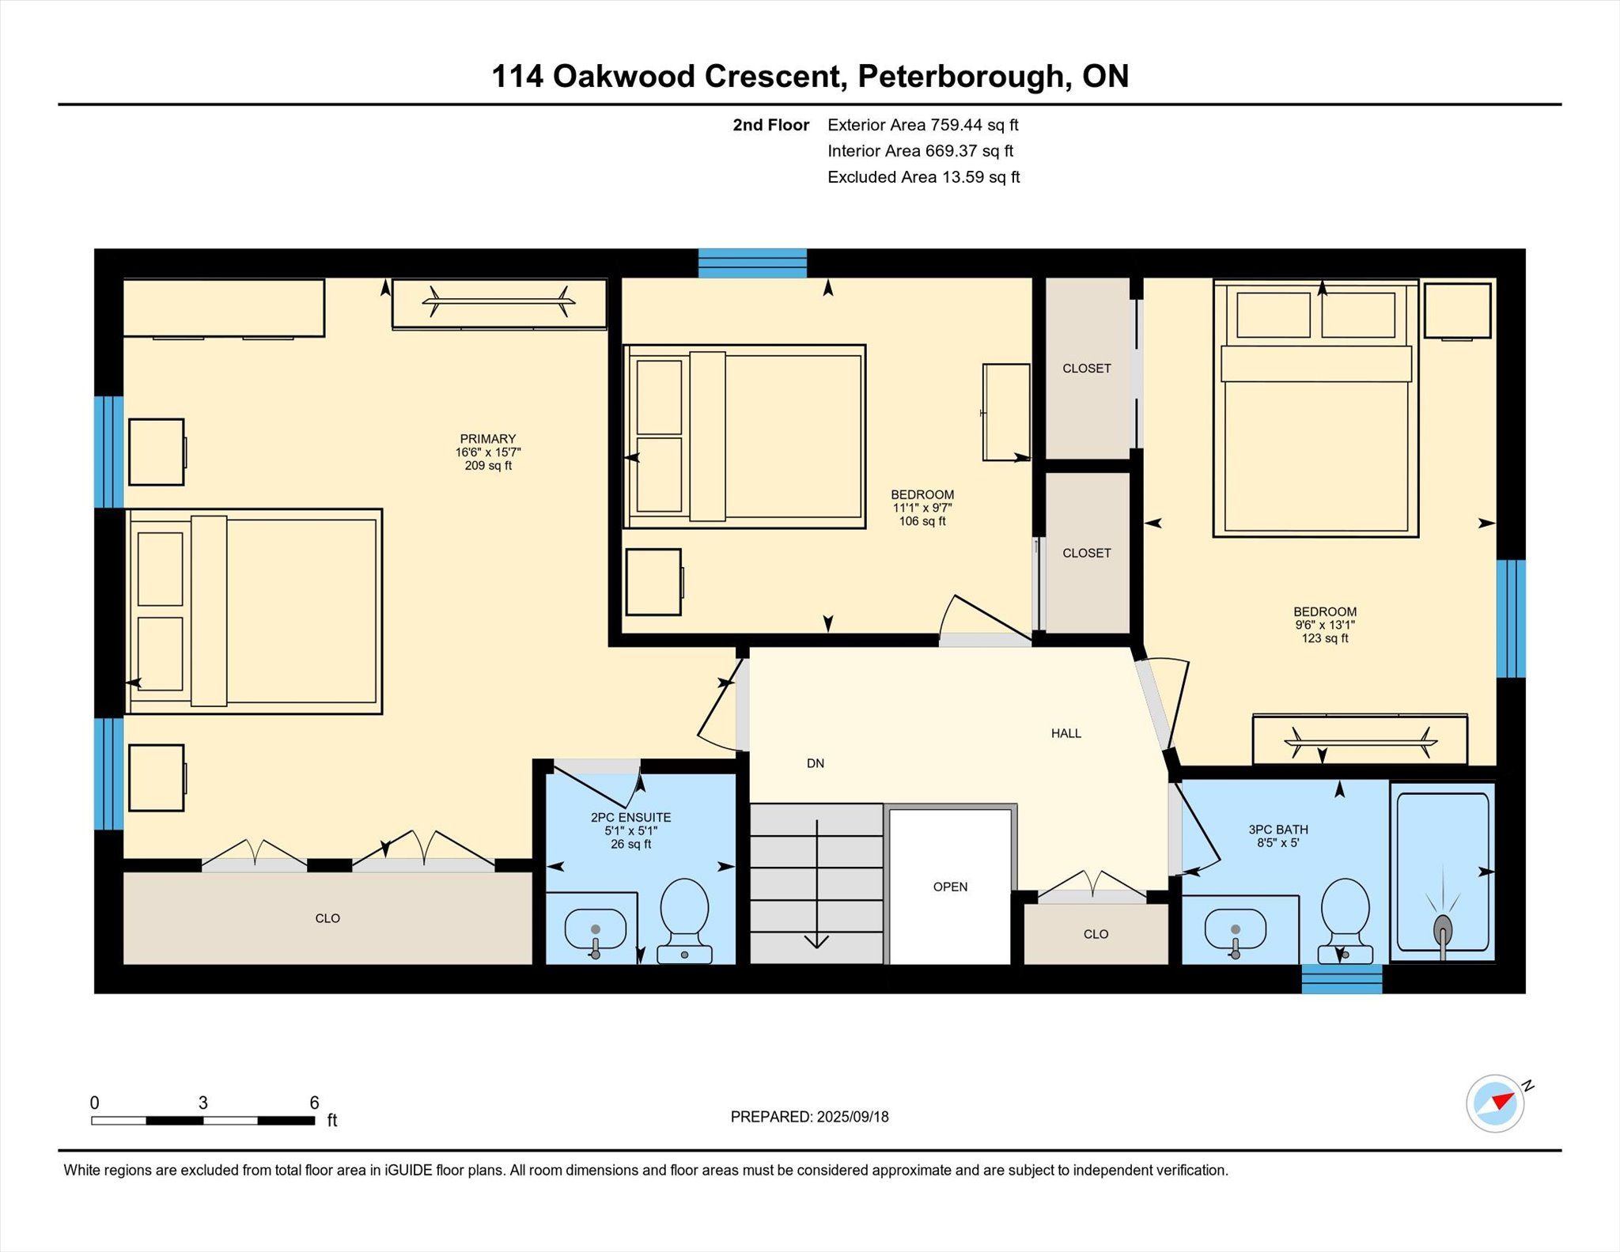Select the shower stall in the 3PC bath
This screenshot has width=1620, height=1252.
point(1443,872)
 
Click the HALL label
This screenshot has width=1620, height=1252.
point(1065,733)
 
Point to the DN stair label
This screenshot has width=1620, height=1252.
point(816,763)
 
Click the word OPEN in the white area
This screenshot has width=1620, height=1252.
point(950,887)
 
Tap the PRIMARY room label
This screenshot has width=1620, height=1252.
point(488,439)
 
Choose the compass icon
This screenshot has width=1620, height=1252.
point(1495,1103)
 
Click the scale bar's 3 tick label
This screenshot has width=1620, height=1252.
point(202,1103)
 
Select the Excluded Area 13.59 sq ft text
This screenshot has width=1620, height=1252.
point(923,177)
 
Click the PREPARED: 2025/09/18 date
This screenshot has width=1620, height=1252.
point(809,1117)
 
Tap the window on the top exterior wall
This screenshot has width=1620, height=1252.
point(752,263)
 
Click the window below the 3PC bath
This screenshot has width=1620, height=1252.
point(1342,978)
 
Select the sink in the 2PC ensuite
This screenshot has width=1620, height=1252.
point(596,932)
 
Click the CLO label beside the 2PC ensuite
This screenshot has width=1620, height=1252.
point(327,918)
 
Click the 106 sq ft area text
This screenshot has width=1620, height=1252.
point(922,521)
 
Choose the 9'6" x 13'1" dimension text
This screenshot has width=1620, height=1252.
point(1325,625)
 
